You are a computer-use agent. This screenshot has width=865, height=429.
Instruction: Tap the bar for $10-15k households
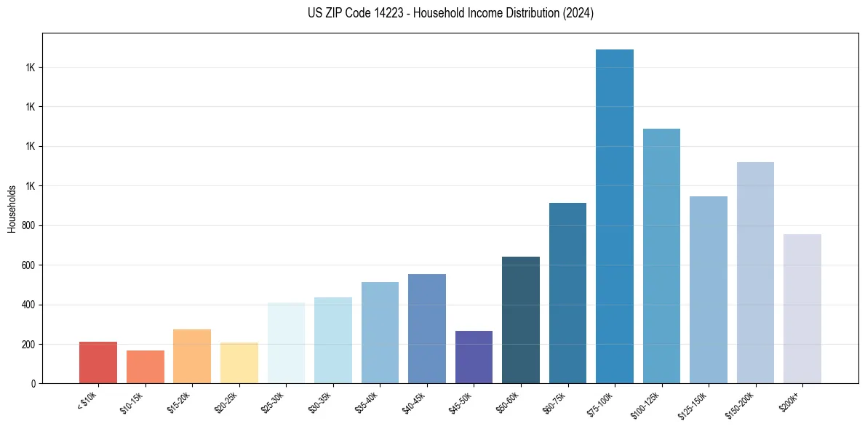coord(146,366)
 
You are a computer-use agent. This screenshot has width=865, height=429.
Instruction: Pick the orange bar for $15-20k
coord(192,356)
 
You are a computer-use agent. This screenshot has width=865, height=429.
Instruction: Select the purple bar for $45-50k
coord(474,357)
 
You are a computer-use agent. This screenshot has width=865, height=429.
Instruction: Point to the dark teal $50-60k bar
coord(521,320)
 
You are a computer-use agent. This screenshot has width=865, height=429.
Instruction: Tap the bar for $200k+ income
coord(802,308)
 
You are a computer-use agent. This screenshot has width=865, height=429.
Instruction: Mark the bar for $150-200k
coord(755,273)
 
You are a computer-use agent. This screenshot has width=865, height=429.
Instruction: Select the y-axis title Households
coord(12,209)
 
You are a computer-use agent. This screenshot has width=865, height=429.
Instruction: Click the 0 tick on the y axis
coord(33,384)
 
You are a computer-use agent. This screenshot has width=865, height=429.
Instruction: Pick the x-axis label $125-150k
coord(695,404)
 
